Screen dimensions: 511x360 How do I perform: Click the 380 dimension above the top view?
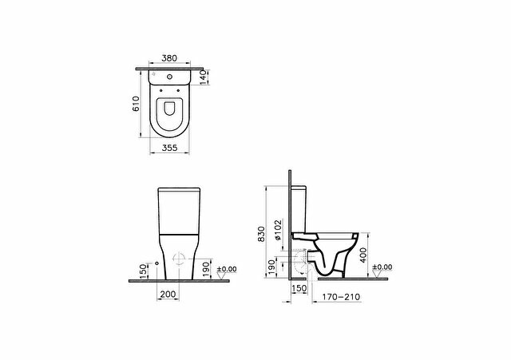click(169, 58)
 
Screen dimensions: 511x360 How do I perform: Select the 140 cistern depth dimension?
click(204, 78)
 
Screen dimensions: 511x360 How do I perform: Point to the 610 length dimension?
click(136, 104)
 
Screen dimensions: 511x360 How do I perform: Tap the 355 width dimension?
click(169, 148)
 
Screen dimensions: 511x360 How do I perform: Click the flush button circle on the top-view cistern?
click(169, 77)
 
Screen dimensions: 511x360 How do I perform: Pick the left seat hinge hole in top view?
click(161, 90)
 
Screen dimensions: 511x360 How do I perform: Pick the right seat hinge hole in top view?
click(178, 90)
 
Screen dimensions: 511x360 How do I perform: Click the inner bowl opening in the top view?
click(169, 109)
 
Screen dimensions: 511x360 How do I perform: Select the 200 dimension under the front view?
click(168, 295)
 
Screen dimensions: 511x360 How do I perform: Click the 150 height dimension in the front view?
click(144, 271)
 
